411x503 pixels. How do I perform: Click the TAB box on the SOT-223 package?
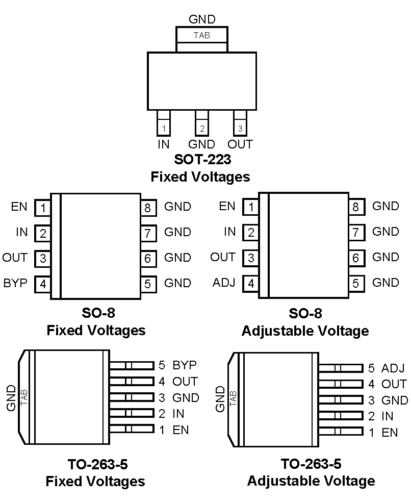coord(202,35)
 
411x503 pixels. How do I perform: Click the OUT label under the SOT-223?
coord(240,144)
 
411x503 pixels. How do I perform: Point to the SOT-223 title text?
coord(202,160)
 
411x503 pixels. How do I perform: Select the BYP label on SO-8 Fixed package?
coord(15,283)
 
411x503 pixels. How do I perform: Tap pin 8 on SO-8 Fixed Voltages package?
coord(148,208)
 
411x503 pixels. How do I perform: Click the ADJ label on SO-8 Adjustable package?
coord(224,283)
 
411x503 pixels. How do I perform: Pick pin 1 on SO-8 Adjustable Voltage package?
coord(251,208)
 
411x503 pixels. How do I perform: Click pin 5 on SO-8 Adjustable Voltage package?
coord(356,284)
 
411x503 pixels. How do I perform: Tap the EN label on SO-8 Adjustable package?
coord(227,206)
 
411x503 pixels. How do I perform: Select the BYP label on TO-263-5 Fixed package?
coord(185,365)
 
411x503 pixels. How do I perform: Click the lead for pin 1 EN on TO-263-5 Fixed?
coord(132,430)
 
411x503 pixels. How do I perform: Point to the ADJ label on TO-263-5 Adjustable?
coord(393,368)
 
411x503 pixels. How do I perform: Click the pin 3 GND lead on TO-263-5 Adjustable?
coord(340,400)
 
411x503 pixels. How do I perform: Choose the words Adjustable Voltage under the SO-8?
coord(305,331)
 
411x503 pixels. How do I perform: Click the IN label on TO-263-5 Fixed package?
coord(178,414)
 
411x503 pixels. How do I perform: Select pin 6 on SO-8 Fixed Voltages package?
coord(148,259)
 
